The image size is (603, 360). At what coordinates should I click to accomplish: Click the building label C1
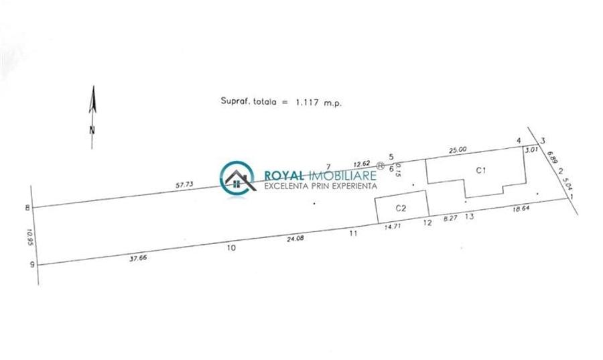pyautogui.click(x=480, y=170)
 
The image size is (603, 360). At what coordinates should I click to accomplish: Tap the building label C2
pyautogui.click(x=401, y=208)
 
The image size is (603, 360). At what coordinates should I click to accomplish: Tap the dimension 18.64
pyautogui.click(x=521, y=210)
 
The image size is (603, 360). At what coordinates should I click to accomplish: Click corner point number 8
pyautogui.click(x=27, y=208)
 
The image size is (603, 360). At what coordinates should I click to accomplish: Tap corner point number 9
pyautogui.click(x=31, y=264)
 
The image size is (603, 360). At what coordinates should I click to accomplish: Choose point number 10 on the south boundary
pyautogui.click(x=231, y=248)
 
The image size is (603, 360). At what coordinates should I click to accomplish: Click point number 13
pyautogui.click(x=469, y=217)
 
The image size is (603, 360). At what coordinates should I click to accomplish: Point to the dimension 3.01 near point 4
pyautogui.click(x=531, y=150)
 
